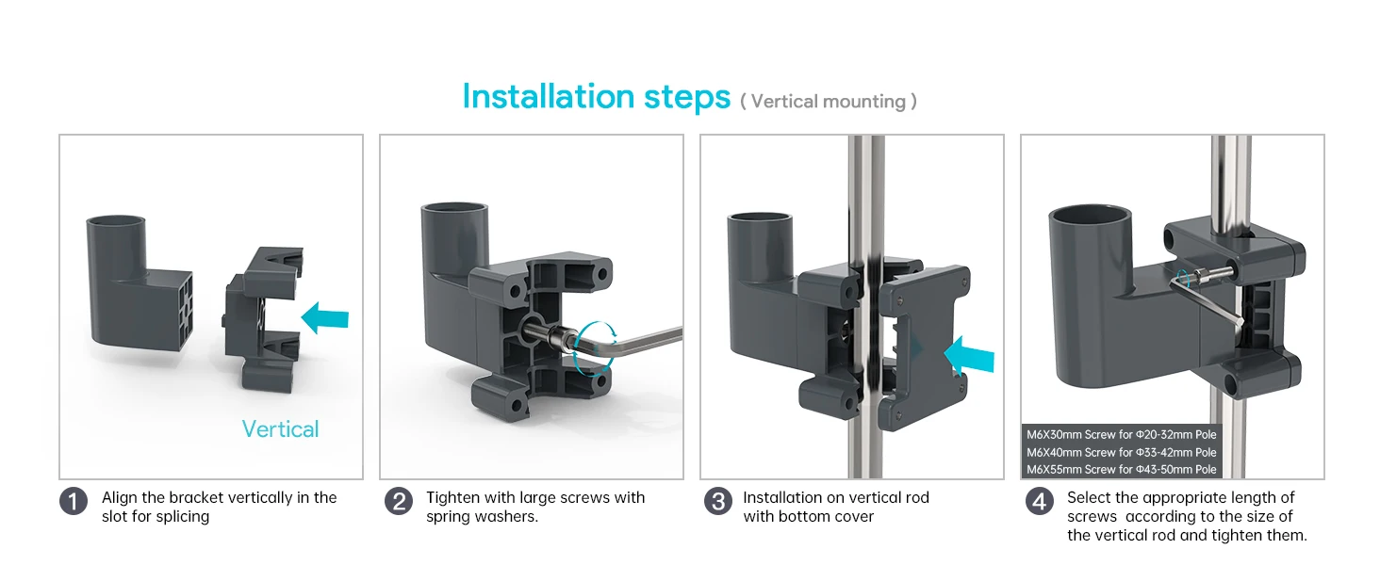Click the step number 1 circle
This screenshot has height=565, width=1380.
click(x=74, y=502)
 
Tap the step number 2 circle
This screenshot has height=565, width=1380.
click(x=399, y=502)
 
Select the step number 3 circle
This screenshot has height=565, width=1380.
click(x=718, y=502)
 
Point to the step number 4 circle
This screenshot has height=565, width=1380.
click(x=1040, y=502)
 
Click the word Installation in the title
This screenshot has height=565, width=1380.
click(x=549, y=96)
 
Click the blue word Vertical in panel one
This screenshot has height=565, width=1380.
click(x=280, y=429)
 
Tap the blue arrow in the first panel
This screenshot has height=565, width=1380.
click(x=324, y=318)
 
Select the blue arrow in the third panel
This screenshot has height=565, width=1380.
click(x=968, y=356)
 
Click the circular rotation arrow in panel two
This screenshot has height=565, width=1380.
click(x=594, y=348)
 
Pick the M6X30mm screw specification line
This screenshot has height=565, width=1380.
click(x=1122, y=434)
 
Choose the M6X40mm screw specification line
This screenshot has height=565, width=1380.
click(x=1122, y=452)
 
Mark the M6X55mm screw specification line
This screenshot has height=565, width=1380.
click(x=1122, y=470)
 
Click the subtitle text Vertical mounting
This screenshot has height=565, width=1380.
click(x=829, y=102)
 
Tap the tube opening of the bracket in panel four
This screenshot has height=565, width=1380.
click(x=1090, y=219)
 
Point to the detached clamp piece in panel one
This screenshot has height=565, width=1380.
click(x=264, y=318)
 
